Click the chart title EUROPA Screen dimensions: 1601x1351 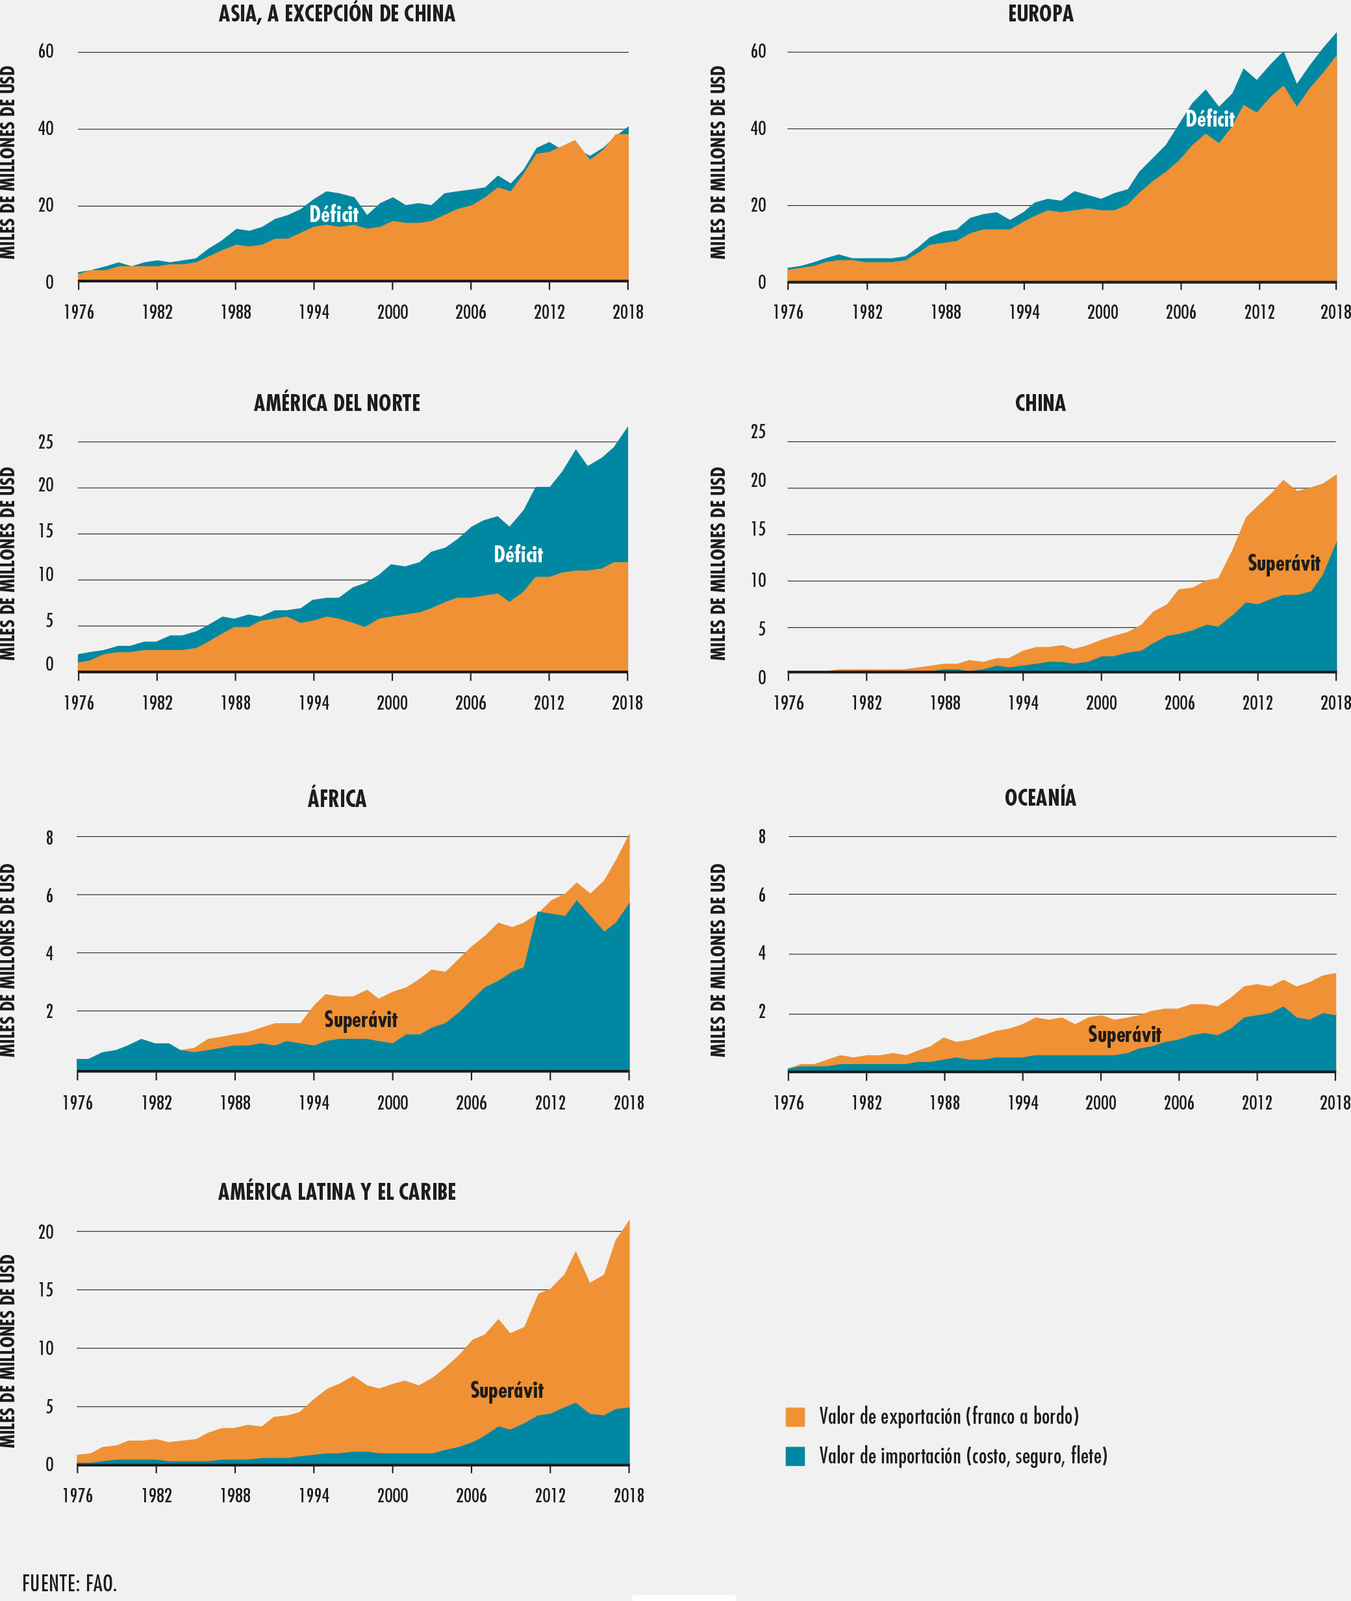click(1040, 14)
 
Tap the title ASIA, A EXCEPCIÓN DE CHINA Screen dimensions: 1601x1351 click(337, 14)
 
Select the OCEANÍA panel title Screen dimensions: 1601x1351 click(1040, 798)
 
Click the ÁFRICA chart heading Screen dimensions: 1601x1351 click(337, 799)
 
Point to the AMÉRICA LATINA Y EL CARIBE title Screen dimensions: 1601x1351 click(337, 1191)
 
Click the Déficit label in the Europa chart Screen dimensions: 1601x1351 click(1209, 119)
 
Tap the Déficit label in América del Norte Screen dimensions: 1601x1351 click(518, 554)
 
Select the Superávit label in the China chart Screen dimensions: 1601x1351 click(1283, 564)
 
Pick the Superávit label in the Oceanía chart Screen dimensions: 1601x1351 click(1124, 1034)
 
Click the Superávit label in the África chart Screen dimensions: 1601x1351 click(360, 1020)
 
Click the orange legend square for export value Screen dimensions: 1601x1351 click(795, 1417)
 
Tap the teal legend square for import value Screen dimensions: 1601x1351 click(795, 1456)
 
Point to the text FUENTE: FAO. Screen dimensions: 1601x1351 click(69, 1583)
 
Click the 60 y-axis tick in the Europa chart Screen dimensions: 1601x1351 click(757, 51)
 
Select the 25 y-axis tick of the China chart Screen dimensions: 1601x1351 click(757, 432)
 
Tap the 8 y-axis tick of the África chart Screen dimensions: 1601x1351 click(50, 838)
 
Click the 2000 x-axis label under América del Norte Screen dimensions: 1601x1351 click(392, 703)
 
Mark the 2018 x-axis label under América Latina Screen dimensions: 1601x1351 click(628, 1495)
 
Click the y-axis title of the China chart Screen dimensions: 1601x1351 click(718, 564)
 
